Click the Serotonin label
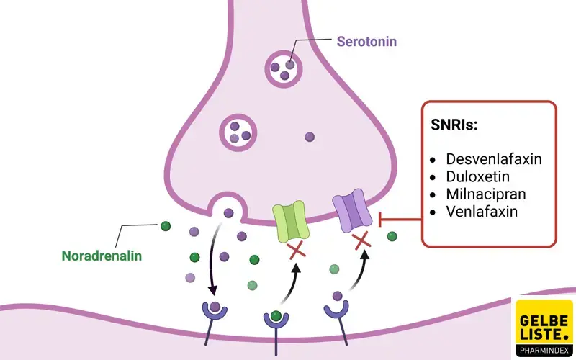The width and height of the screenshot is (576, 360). coord(366,41)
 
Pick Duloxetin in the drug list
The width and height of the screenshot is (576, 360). coord(477,177)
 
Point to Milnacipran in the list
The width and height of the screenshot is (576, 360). coord(486,194)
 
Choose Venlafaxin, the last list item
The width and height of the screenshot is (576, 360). coord(482,212)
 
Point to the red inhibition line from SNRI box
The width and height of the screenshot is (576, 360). coord(400,219)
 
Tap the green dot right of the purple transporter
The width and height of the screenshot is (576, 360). coord(392,236)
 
